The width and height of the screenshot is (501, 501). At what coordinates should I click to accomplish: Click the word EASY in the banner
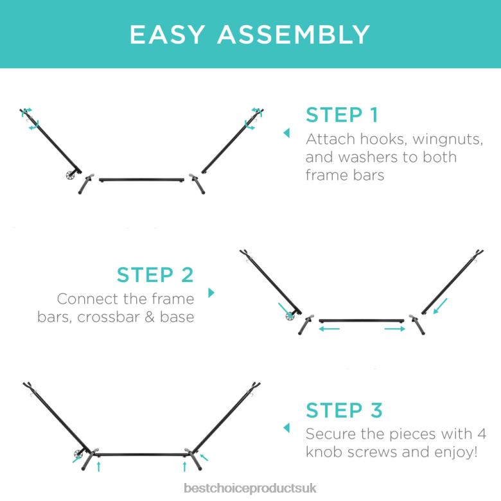[x=167, y=34]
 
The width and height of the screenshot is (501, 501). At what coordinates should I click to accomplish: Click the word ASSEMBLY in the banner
[x=294, y=34]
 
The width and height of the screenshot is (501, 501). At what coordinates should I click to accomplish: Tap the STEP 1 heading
[x=342, y=115]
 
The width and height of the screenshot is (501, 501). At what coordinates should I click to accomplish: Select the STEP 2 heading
[x=155, y=275]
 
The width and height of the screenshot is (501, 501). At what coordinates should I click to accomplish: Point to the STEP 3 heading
[x=344, y=410]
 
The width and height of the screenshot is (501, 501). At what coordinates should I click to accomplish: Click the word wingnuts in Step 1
[x=448, y=139]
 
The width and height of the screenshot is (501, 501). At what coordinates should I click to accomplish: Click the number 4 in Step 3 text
[x=482, y=434]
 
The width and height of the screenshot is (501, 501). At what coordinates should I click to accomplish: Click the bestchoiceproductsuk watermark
[x=251, y=488]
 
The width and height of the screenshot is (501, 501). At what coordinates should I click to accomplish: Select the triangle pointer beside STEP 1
[x=286, y=133]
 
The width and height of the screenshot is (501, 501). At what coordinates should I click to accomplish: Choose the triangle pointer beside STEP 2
[x=211, y=293]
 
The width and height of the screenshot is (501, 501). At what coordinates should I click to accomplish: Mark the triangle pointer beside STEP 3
[x=286, y=428]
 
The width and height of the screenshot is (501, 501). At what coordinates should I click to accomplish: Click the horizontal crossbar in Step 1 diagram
[x=141, y=180]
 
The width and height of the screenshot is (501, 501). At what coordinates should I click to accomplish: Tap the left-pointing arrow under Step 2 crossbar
[x=329, y=328]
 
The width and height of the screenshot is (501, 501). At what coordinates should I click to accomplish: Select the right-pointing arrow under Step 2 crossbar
[x=395, y=328]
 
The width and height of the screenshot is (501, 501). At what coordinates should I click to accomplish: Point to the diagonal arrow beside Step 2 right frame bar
[x=440, y=306]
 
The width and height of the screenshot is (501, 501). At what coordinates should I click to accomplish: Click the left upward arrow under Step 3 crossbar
[x=99, y=466]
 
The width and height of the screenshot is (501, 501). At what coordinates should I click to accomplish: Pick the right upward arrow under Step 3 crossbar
[x=184, y=466]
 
